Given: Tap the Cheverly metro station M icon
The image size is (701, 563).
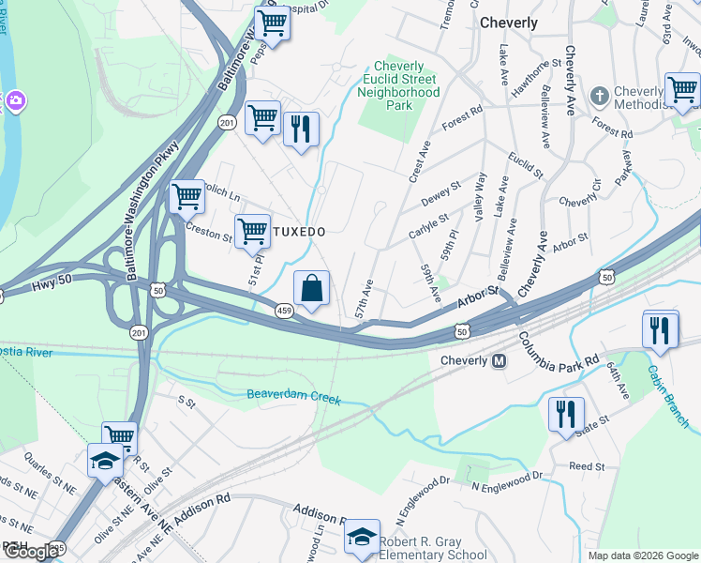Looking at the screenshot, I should coord(500,360).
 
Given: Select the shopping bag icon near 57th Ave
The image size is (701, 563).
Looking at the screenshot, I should coord(311,286).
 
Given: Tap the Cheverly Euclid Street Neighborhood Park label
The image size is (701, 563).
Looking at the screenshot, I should coord(406,85).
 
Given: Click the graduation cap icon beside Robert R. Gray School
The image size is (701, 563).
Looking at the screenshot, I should coord(362,537).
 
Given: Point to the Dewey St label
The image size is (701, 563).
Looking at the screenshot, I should coord(441,194).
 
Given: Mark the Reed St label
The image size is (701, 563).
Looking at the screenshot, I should coord(587,466).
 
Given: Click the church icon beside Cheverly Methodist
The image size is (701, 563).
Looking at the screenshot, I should coord(599,96).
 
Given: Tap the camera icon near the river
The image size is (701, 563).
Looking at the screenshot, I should coord(14,99).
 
